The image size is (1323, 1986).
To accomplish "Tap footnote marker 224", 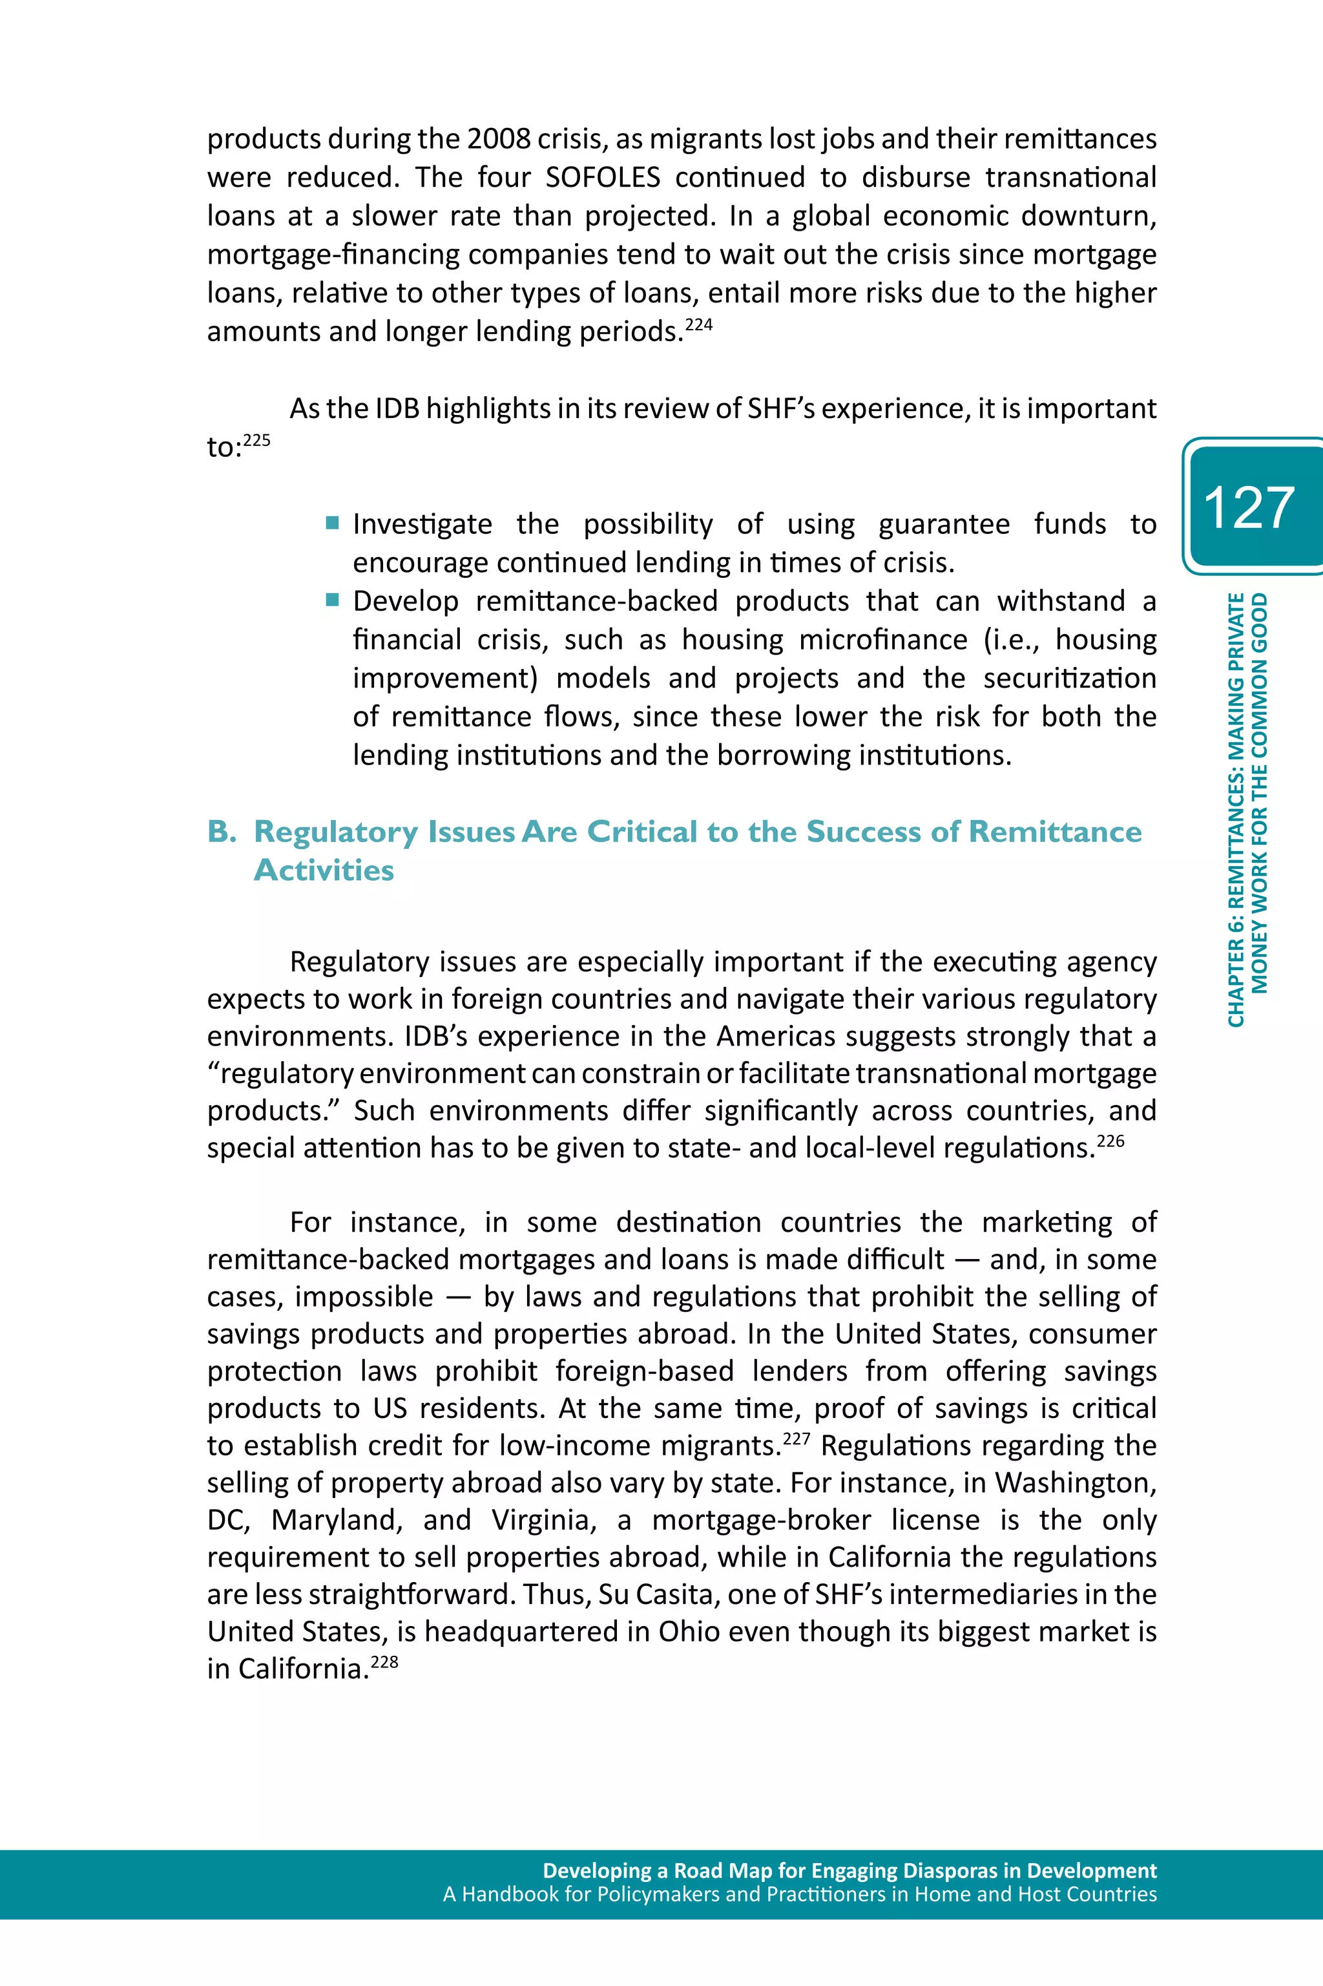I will coord(698,324).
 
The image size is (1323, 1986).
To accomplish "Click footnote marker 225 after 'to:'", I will coord(256,439).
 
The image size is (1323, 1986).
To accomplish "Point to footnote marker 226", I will coord(1110,1141).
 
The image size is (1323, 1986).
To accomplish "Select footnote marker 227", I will coord(797,1438).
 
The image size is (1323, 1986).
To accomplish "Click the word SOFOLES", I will coord(603,177).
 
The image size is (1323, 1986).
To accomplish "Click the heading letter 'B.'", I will coord(222,831).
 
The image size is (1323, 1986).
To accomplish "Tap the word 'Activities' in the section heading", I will coord(324,870).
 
